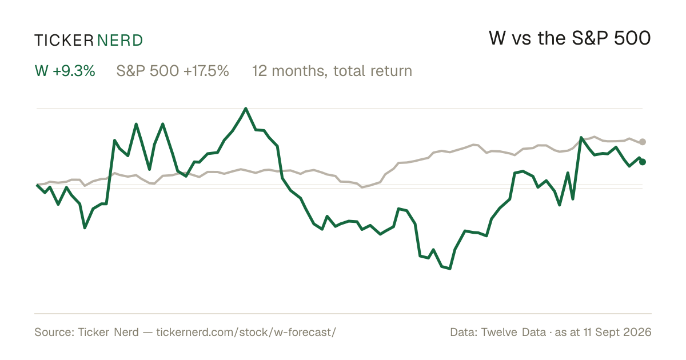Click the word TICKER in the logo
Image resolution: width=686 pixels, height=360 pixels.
coord(64,41)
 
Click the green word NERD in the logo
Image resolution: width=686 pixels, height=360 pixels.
coord(119,41)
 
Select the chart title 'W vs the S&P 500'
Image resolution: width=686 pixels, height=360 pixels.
coord(569,38)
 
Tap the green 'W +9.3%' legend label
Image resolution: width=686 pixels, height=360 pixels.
coord(65,71)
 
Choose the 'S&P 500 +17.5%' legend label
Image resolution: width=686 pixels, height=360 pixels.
coord(173,71)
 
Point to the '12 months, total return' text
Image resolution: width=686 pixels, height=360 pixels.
coord(332,71)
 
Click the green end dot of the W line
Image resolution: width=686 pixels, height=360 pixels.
coord(643,162)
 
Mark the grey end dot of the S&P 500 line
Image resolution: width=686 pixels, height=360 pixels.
coord(643,142)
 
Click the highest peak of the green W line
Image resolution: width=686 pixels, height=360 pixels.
coord(246,109)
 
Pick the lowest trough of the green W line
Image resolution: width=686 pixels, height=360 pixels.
coord(449,269)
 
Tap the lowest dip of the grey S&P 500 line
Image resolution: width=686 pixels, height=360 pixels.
coord(362,187)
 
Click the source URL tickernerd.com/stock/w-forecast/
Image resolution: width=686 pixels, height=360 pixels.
coord(246,332)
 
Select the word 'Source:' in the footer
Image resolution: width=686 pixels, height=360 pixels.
coord(54,332)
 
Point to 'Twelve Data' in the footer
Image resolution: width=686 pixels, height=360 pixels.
coord(513,332)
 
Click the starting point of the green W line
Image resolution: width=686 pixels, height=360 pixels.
coord(37,185)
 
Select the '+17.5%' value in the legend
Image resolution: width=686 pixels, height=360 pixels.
coord(206,71)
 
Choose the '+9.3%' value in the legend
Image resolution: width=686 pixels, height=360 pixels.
coord(74,71)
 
